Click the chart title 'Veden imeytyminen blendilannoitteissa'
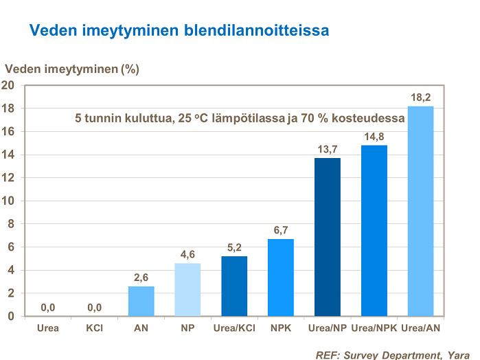[179, 30]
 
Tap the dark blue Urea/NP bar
[327, 237]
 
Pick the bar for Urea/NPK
[374, 231]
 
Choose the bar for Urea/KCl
[234, 286]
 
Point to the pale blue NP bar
[187, 289]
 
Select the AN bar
[141, 301]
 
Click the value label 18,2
[420, 98]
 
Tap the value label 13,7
[327, 150]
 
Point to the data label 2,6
[141, 278]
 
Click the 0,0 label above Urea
[48, 308]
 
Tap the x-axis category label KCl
[94, 328]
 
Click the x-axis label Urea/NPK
[374, 328]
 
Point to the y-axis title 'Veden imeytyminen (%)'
[73, 69]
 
